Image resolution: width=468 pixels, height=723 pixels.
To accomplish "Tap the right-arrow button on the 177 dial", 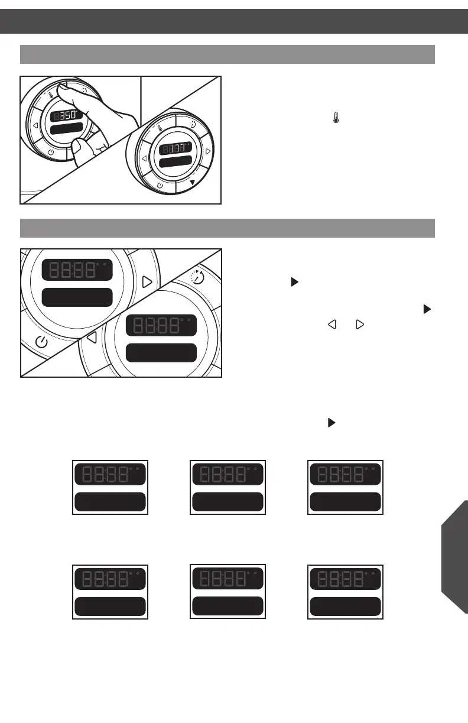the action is [207, 152].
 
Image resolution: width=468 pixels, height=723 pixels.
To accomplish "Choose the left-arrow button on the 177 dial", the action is [144, 159].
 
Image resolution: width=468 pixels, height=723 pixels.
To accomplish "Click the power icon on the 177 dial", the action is [161, 186].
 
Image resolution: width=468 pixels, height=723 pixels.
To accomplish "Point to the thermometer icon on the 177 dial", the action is [160, 127].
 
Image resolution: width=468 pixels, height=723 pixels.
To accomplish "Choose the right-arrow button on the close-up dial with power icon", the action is [147, 281].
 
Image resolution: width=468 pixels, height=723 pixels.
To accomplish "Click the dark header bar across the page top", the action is [234, 21].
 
